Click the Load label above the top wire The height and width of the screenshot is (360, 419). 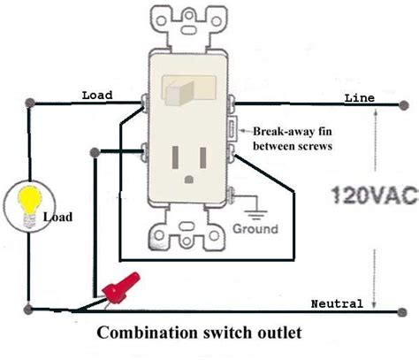95,95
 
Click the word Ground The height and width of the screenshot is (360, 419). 256,228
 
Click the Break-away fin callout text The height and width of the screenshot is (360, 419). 292,135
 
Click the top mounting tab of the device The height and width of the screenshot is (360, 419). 187,22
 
